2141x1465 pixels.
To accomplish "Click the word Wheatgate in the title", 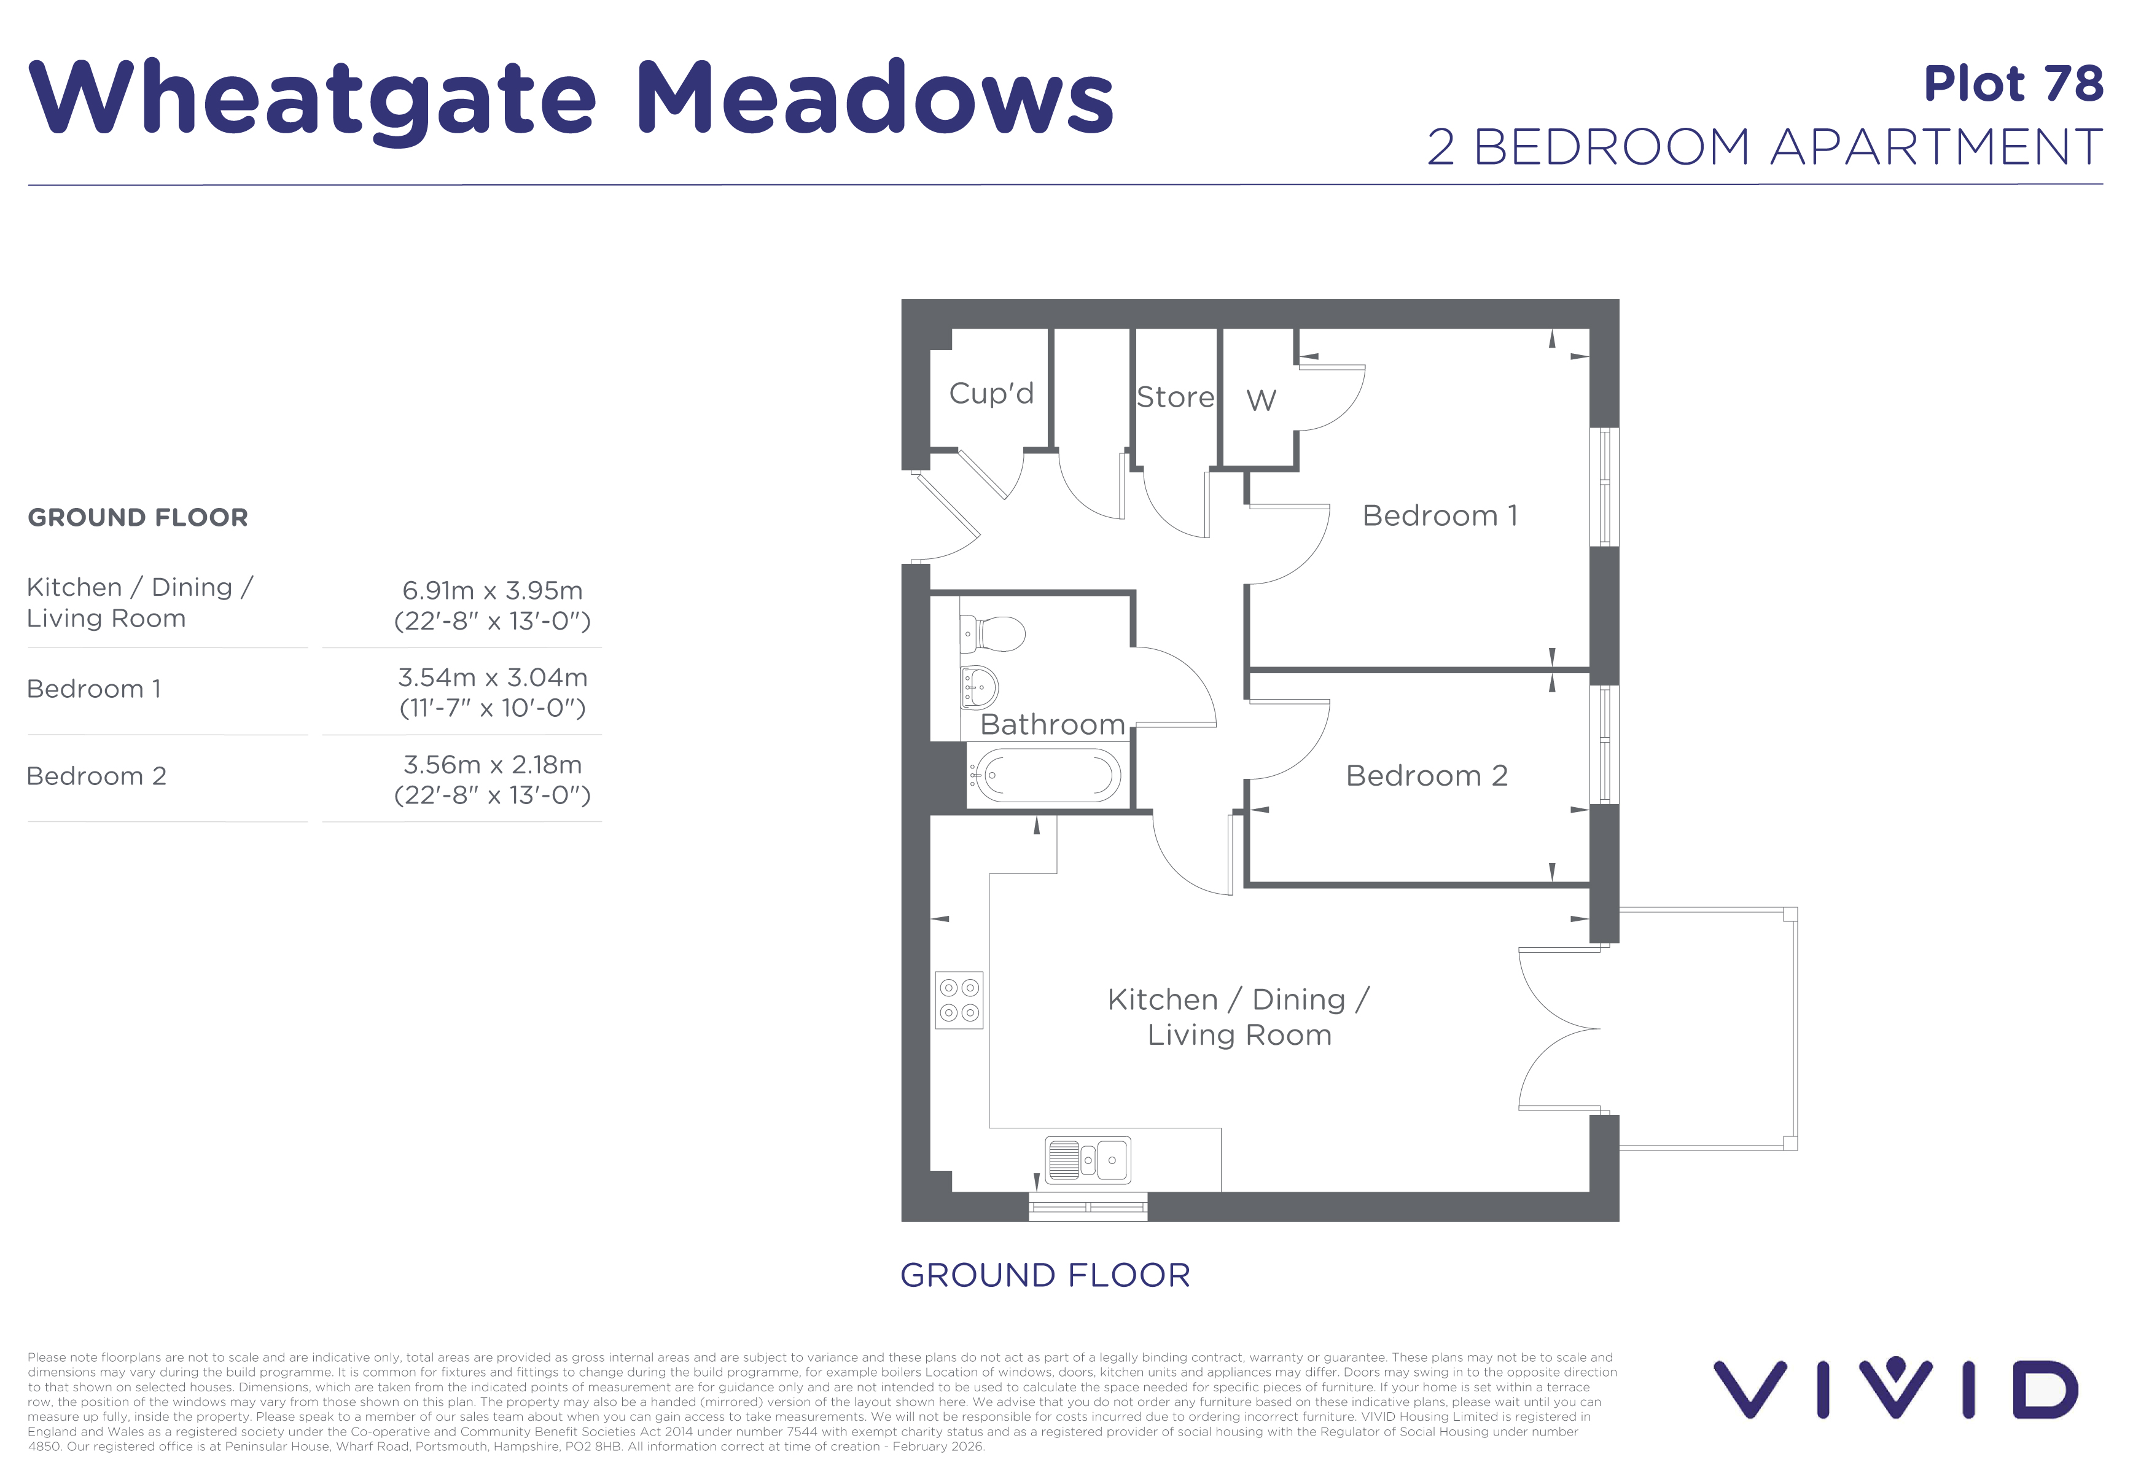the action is pos(313,100).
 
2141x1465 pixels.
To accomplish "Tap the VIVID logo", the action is pos(1895,1388).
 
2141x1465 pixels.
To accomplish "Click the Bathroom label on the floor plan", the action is pos(1053,724).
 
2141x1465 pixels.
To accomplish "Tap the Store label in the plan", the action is pos(1176,397).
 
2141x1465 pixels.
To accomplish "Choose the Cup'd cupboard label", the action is pos(991,393).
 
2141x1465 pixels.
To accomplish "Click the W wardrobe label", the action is pos(1262,400).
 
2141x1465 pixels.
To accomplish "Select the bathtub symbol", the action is pos(1044,775).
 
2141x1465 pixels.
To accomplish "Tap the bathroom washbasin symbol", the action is pos(978,687).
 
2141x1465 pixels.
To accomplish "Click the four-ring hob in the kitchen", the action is pos(959,1000).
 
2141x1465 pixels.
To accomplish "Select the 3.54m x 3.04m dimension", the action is pos(492,677).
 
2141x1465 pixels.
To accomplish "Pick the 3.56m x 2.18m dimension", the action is pos(492,764).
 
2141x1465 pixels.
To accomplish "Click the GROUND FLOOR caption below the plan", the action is pos(1045,1275).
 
